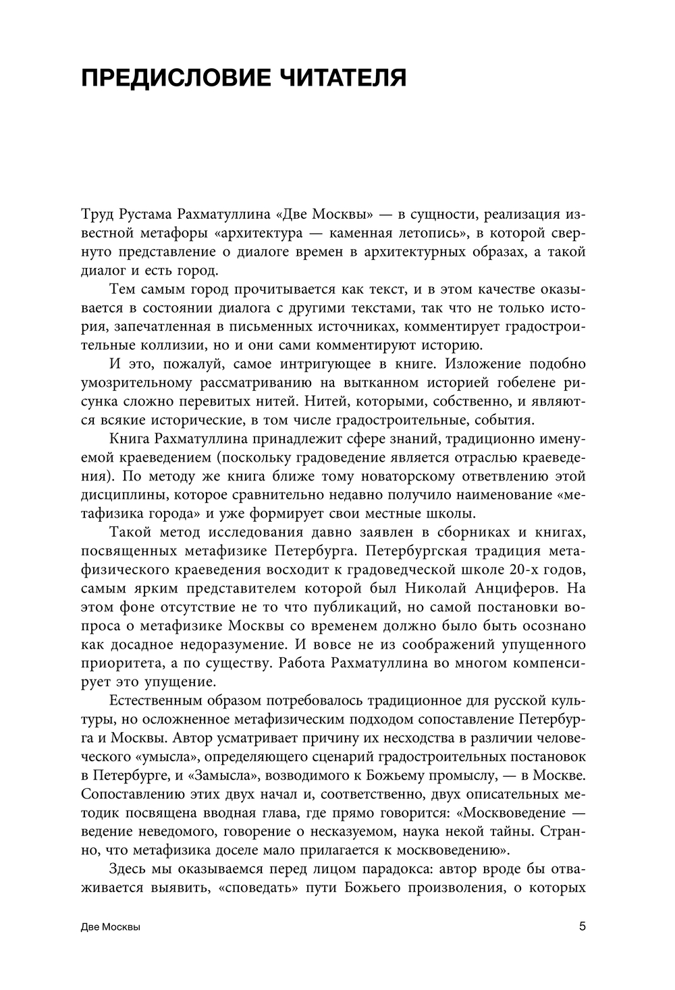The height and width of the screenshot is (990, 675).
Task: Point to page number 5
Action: click(x=583, y=926)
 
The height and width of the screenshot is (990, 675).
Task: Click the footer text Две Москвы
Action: click(x=110, y=927)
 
